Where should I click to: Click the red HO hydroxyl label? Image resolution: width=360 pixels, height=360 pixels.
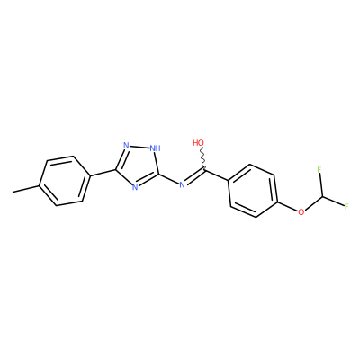click(x=198, y=143)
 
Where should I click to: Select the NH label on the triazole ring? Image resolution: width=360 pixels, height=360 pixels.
click(x=155, y=148)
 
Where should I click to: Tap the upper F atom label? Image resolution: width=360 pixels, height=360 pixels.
click(x=319, y=170)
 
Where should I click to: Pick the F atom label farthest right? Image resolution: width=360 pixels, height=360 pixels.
click(x=346, y=206)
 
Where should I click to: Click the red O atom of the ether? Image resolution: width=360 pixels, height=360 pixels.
click(x=301, y=212)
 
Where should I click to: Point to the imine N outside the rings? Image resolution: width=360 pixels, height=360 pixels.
click(x=182, y=184)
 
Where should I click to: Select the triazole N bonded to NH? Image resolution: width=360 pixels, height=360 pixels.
click(x=126, y=146)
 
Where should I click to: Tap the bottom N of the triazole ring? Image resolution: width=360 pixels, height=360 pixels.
click(x=135, y=188)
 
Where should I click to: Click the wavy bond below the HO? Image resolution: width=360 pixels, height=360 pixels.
click(x=202, y=159)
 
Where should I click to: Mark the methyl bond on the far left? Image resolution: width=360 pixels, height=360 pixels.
click(x=26, y=189)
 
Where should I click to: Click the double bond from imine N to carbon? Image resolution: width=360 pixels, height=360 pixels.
click(x=195, y=177)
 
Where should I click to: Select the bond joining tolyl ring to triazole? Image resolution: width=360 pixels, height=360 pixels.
click(x=103, y=173)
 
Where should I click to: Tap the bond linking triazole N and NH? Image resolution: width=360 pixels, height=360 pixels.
click(x=139, y=147)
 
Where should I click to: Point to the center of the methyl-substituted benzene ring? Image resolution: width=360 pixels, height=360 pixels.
click(x=65, y=181)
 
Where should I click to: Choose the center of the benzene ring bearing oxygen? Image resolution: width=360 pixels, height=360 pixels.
click(x=253, y=191)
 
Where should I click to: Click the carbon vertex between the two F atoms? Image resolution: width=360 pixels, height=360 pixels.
click(x=322, y=197)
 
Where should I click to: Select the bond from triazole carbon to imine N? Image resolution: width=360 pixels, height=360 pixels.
click(x=168, y=179)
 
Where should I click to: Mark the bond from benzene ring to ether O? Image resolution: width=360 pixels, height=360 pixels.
click(x=287, y=206)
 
